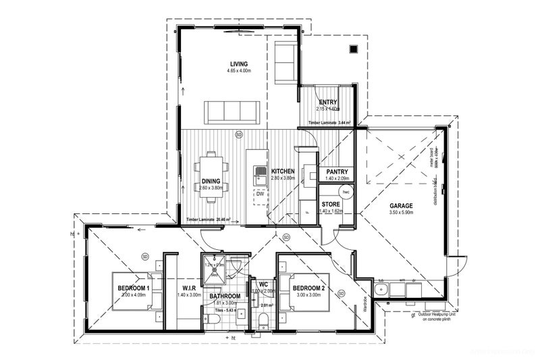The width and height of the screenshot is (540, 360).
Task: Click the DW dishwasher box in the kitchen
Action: pos(259,194)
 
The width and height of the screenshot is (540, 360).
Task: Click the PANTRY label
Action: pos(336,172)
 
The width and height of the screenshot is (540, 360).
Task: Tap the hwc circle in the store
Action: pos(345,192)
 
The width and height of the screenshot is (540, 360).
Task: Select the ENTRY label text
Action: pos(328,103)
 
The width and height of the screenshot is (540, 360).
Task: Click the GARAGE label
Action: pos(401,205)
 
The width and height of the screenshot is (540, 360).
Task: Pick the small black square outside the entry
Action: pos(353,49)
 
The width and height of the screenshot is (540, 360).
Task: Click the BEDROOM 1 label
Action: pos(133,288)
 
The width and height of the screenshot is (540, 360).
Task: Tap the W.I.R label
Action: pos(187,288)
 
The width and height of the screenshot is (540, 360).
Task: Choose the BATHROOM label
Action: pos(225,296)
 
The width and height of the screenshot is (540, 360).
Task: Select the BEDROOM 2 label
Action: pos(310,288)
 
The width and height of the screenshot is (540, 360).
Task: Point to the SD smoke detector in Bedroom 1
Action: pos(145,257)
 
